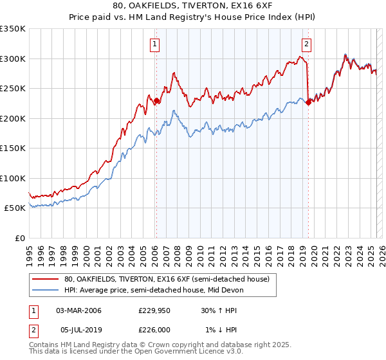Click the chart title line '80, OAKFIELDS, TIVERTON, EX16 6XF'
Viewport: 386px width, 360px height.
(x=193, y=6)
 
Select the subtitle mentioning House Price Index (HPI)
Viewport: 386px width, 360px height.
(x=193, y=17)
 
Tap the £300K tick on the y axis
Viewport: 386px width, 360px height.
(x=13, y=59)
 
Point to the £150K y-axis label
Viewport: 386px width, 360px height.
(x=13, y=148)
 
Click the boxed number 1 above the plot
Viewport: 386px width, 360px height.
(x=156, y=44)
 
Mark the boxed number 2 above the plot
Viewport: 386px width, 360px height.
(x=306, y=44)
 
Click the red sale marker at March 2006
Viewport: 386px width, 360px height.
(x=156, y=100)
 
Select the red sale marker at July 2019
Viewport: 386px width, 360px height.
(x=308, y=102)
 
